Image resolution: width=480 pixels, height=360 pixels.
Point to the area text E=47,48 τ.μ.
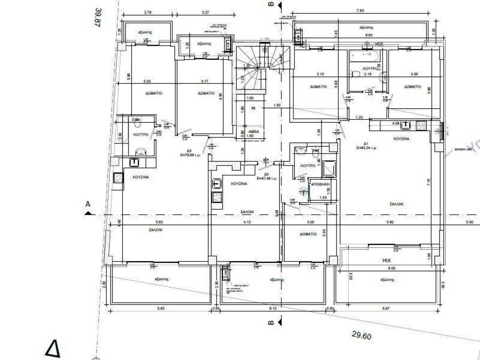pos(267,179)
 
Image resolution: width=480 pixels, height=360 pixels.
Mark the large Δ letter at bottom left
pos(53,349)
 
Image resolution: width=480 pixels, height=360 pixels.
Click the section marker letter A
pos(87,204)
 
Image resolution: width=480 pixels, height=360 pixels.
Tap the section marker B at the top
pos(270,4)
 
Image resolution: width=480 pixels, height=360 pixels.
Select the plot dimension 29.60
pos(361,336)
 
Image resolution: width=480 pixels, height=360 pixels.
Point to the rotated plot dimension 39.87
pos(97,17)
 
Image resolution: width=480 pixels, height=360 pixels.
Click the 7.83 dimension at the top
pos(360,10)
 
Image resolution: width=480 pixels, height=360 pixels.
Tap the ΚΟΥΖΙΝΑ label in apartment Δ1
pos(402,139)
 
